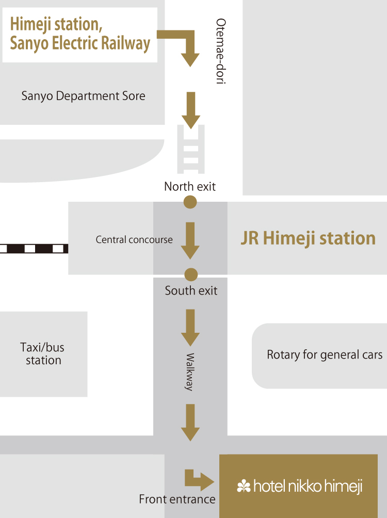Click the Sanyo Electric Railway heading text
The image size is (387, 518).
(x=80, y=34)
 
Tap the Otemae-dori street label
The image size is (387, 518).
(x=221, y=51)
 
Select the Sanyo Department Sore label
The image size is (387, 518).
(x=83, y=96)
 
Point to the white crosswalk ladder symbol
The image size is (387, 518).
(x=191, y=150)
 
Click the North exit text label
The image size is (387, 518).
(x=190, y=186)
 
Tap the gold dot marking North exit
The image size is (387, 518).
(x=190, y=202)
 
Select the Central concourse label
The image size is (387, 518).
(x=134, y=240)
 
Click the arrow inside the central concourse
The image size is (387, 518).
(x=190, y=240)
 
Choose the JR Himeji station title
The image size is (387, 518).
(x=308, y=238)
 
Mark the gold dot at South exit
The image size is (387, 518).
(x=191, y=274)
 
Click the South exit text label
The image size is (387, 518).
(x=191, y=291)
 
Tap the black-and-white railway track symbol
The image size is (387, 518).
(x=34, y=249)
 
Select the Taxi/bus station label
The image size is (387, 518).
(x=43, y=353)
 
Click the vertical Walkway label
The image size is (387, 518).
(x=189, y=372)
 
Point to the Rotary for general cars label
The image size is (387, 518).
(x=325, y=355)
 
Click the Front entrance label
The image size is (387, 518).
(x=177, y=499)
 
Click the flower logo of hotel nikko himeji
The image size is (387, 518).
(x=244, y=486)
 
